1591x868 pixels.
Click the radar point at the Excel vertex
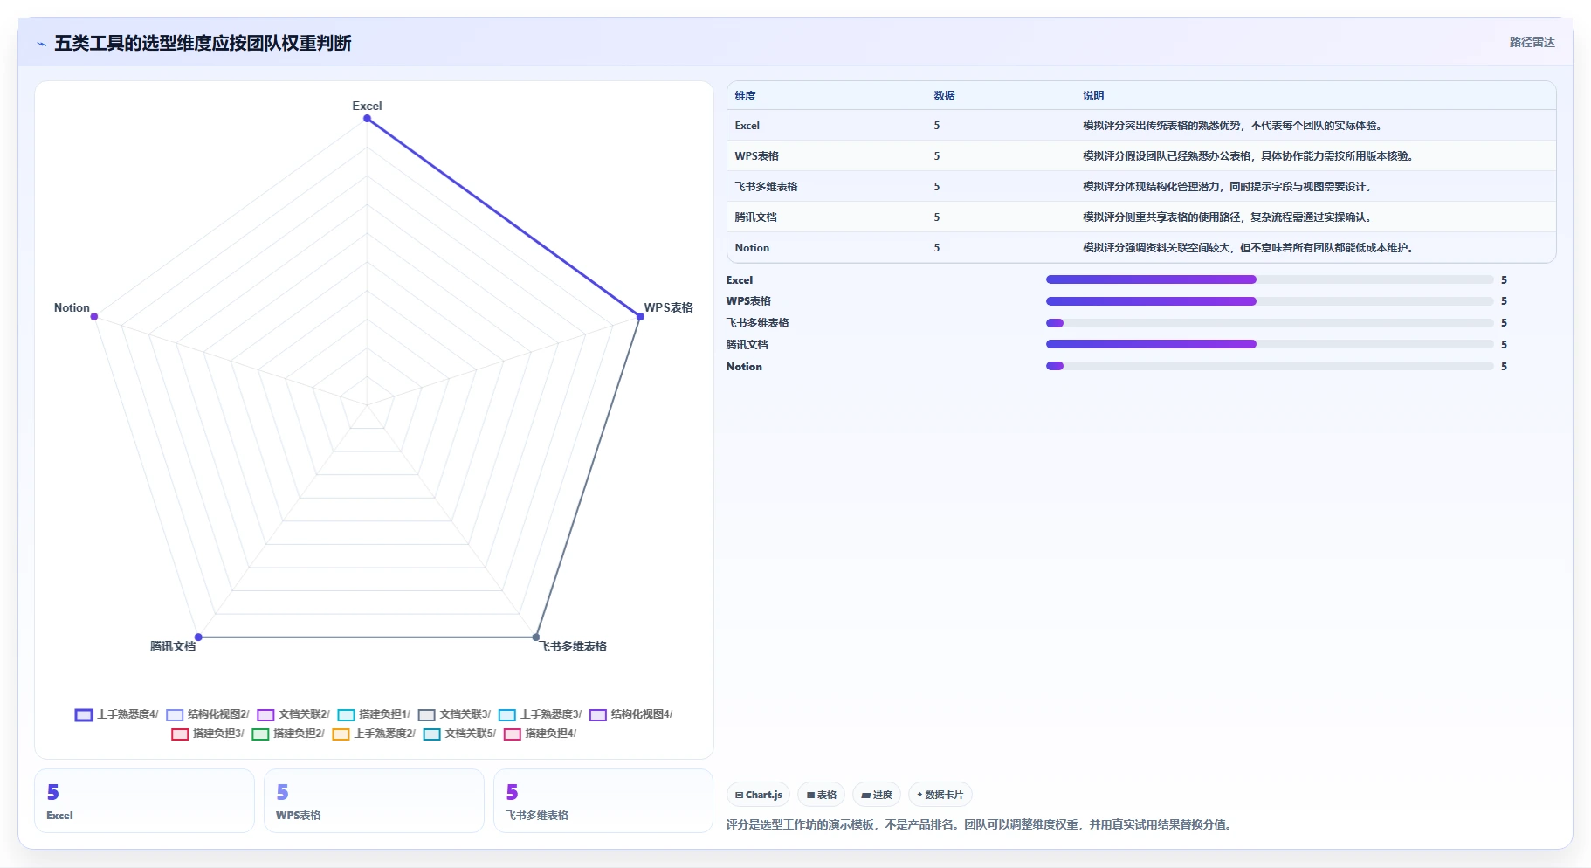pos(367,118)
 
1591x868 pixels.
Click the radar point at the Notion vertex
pos(94,316)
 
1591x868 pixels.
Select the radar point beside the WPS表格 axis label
pos(640,316)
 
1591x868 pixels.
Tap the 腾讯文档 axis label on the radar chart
pos(173,646)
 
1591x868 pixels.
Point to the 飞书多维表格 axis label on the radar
pos(573,646)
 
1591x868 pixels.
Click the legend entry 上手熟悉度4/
pos(117,714)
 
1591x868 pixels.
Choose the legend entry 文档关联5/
pos(459,734)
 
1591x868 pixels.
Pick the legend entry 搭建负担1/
pos(374,714)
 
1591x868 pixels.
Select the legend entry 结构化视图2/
pos(208,714)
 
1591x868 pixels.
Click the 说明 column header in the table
pos(1093,96)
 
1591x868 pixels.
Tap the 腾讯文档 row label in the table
pos(755,217)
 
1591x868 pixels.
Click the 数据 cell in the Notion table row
pos(937,248)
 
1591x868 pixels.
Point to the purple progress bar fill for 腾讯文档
pos(1151,344)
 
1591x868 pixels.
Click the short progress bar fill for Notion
pos(1055,366)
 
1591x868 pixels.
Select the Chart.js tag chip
pos(758,795)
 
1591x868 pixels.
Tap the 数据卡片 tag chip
pos(940,795)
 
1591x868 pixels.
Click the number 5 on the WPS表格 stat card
pos(282,792)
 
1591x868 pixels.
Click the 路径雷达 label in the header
pos(1532,42)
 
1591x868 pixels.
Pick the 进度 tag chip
pos(877,795)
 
